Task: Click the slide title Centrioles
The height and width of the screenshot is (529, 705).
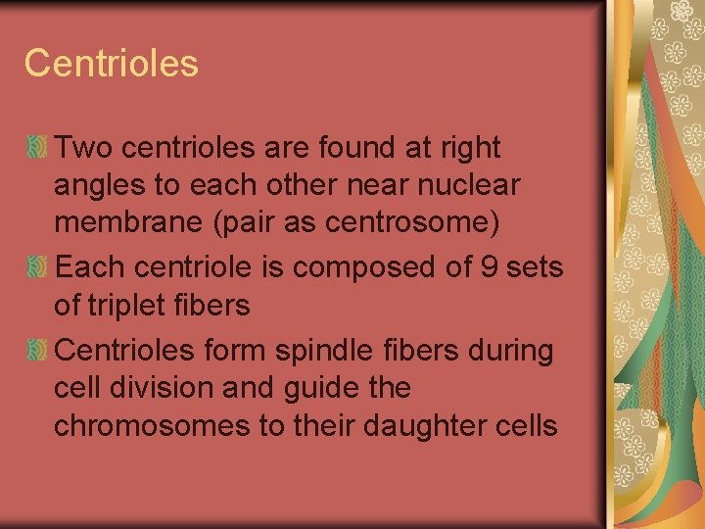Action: (x=111, y=64)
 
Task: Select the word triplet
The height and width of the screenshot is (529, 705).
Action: (x=128, y=307)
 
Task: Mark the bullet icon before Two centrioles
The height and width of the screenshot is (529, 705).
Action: (x=38, y=148)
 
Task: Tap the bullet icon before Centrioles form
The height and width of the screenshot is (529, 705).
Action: (x=38, y=350)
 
